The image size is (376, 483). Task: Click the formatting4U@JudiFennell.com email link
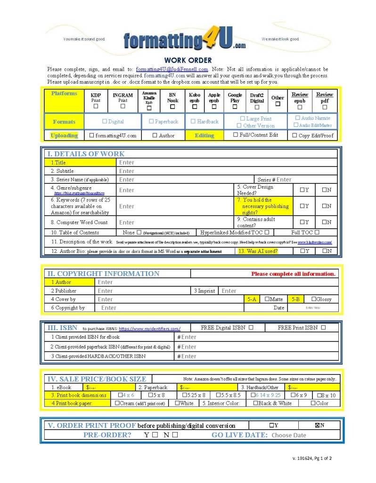tap(172, 69)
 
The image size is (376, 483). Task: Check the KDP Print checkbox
tap(96, 107)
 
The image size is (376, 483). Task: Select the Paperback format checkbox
tap(152, 122)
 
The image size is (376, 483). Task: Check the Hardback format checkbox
tap(193, 122)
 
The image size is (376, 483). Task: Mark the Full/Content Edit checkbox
tap(236, 135)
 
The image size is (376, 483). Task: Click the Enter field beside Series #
tap(284, 180)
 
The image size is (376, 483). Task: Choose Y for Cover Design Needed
tap(302, 190)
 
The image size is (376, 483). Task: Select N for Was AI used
tap(325, 251)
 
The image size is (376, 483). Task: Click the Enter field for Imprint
tap(229, 291)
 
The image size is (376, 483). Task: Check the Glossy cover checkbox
tap(314, 299)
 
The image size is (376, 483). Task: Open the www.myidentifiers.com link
tap(149, 329)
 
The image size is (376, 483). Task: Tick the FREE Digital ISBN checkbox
tap(251, 327)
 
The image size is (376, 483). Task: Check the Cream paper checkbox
tap(117, 403)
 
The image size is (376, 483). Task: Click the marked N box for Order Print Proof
tap(318, 425)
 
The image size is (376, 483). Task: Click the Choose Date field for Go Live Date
tap(288, 435)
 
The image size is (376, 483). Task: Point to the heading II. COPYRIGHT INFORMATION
tap(103, 274)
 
